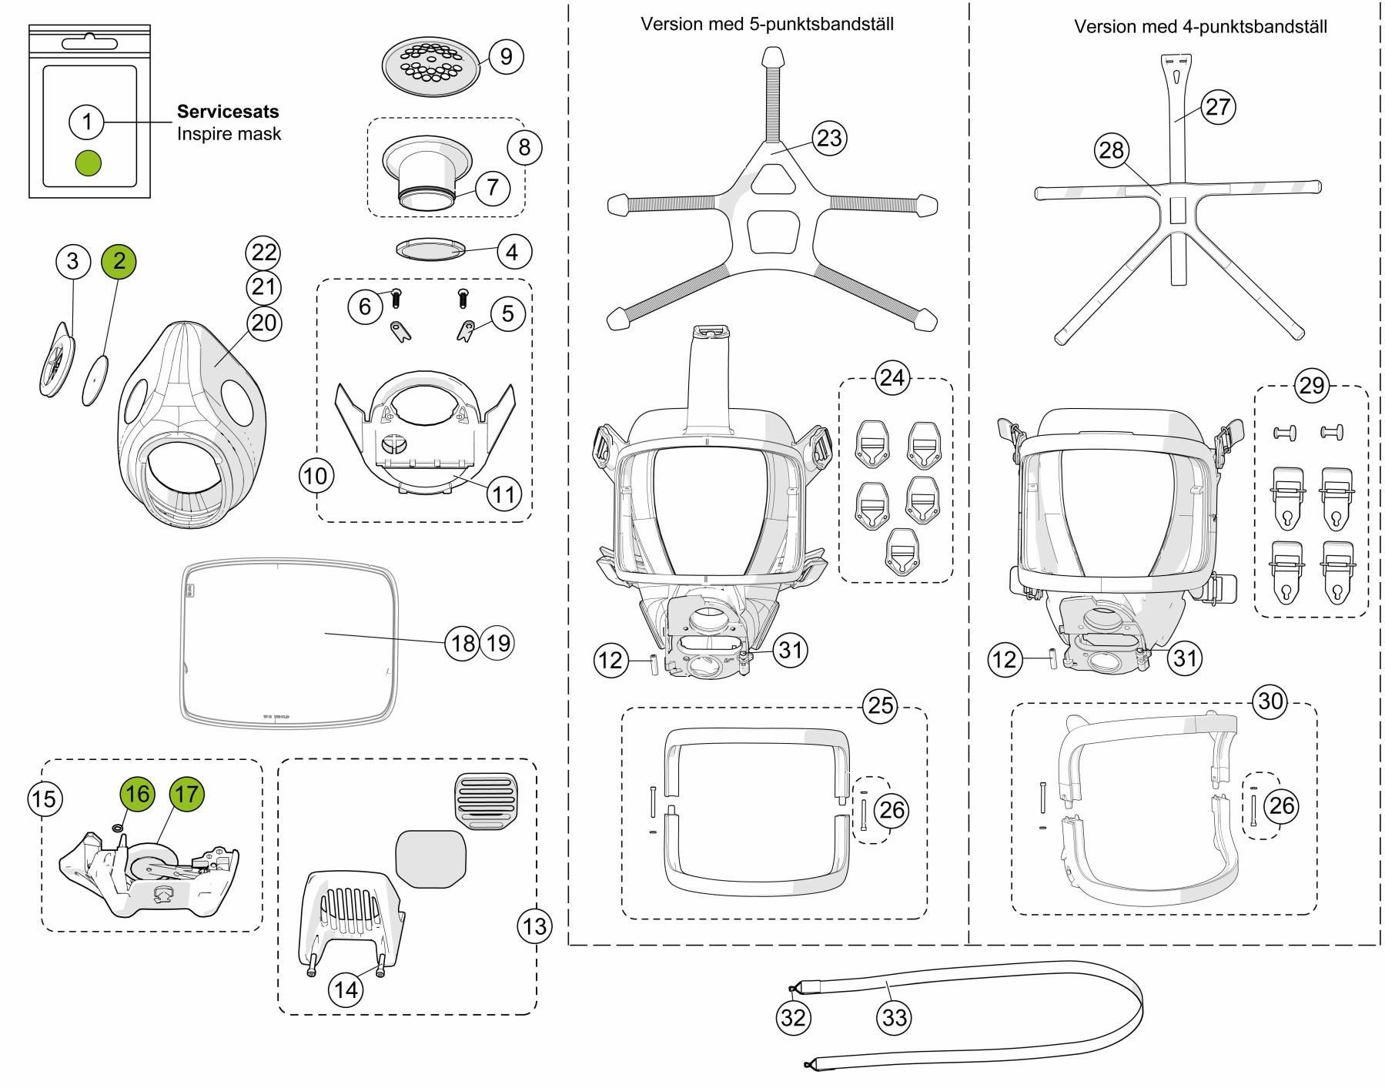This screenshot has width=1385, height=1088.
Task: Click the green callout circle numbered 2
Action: coord(119,260)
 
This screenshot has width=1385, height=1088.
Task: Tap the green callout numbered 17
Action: coord(186,793)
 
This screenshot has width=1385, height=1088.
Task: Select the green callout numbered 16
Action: coord(138,793)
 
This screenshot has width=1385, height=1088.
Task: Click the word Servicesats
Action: coord(228,111)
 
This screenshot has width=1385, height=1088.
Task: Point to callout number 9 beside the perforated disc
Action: coord(506,56)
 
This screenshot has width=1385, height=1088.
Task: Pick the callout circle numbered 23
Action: coord(828,139)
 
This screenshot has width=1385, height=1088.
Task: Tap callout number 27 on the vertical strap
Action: coord(1218,106)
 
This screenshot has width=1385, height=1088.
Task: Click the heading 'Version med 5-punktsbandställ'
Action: coord(767,24)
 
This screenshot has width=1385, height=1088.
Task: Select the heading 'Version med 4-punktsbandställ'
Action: coord(1200,27)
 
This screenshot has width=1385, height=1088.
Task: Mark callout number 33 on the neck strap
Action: coord(894,1018)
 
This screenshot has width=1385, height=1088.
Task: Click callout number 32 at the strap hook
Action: coord(793,1018)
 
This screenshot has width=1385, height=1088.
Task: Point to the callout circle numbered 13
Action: coord(534,926)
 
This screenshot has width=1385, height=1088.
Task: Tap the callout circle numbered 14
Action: coord(346,989)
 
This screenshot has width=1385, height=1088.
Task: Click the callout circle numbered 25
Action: coord(881,706)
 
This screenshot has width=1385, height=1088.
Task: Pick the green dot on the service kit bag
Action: coord(89,162)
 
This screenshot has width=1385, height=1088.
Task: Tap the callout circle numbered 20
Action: coord(263,322)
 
